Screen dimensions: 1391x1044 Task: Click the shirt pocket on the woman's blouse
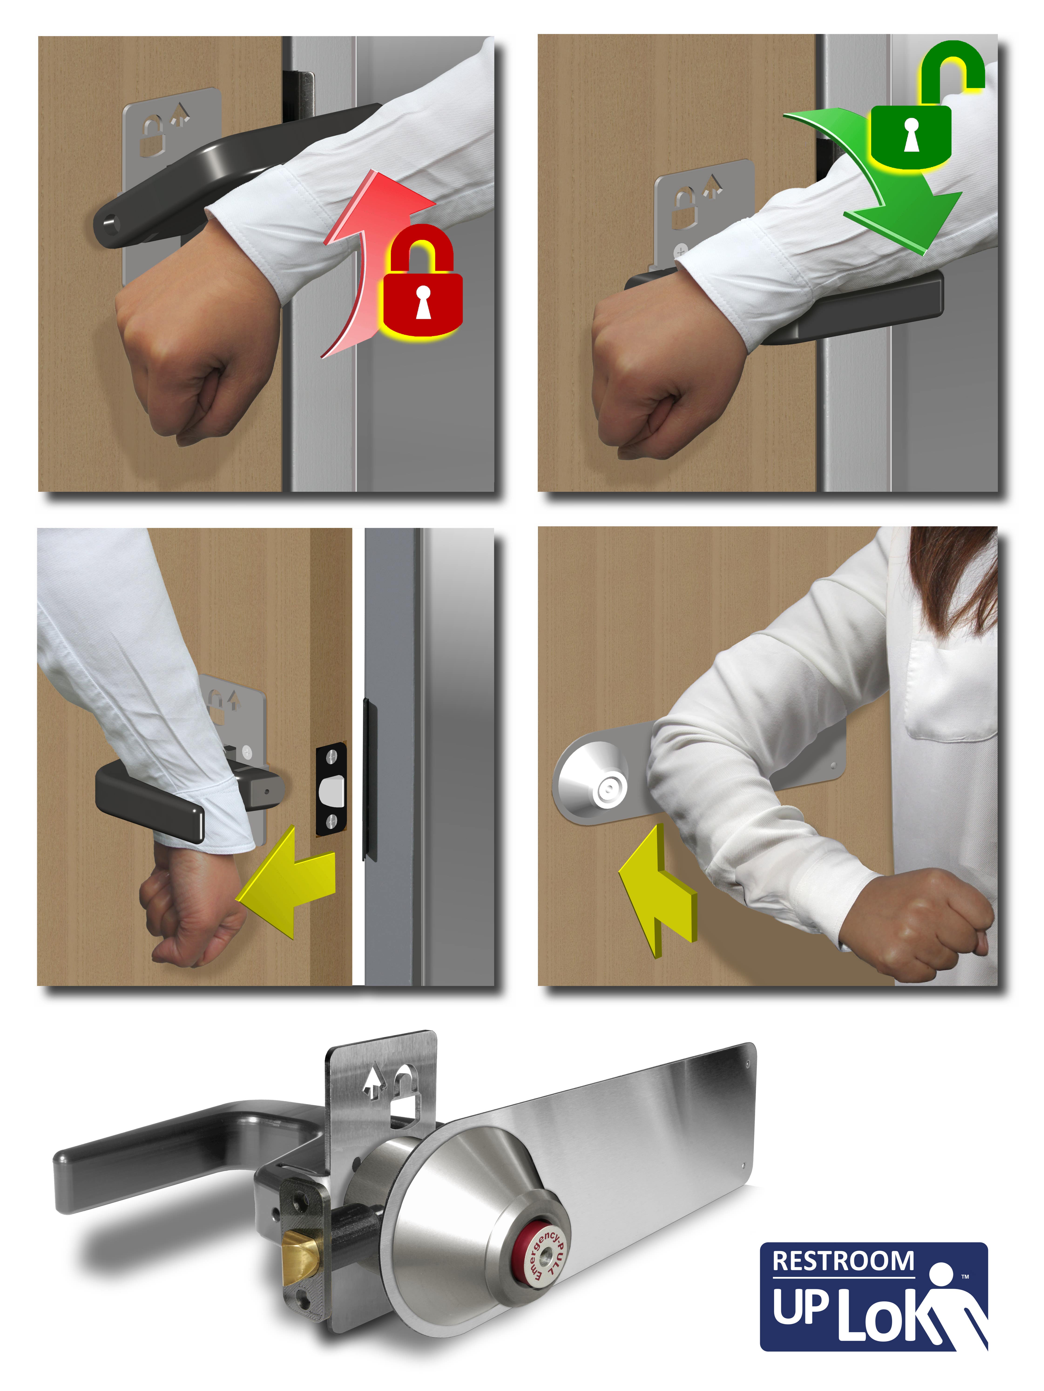pos(950,692)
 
